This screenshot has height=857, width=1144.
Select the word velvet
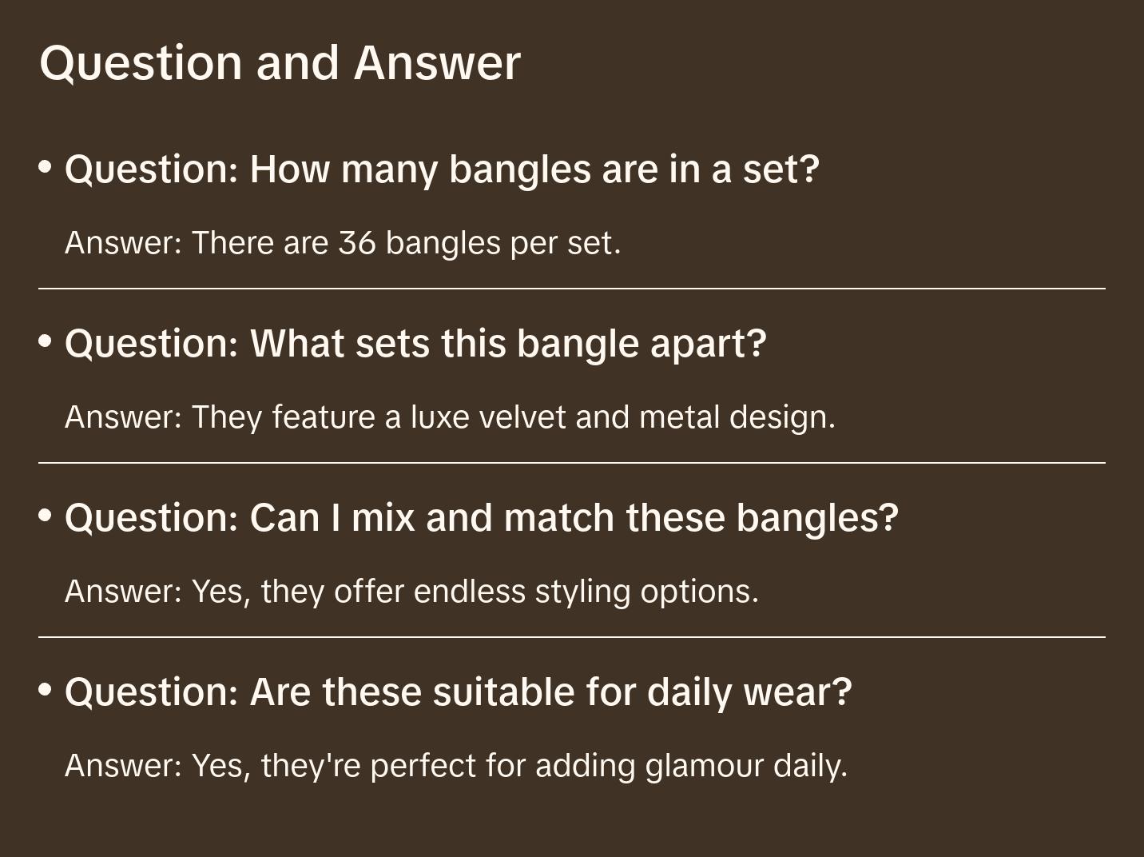(522, 417)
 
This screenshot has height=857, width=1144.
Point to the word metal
(679, 417)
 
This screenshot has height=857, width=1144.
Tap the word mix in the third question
(383, 518)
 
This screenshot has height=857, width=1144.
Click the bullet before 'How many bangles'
(46, 167)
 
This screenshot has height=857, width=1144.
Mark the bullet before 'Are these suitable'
(46, 689)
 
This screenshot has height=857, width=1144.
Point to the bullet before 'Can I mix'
(46, 515)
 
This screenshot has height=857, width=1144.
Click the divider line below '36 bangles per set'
(572, 289)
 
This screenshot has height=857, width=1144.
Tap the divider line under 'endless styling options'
(572, 637)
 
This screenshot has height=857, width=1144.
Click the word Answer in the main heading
(437, 63)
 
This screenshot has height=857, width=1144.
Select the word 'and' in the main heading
(297, 63)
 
